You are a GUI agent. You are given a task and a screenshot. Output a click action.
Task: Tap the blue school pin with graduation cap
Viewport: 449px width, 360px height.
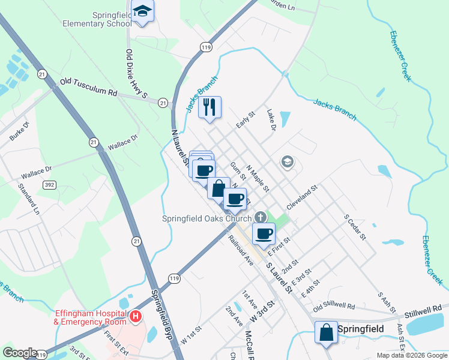[143, 11]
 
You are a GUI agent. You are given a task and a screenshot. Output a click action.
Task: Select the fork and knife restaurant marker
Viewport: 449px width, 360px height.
[209, 107]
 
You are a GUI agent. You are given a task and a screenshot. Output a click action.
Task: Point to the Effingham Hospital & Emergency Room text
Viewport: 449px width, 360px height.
[90, 317]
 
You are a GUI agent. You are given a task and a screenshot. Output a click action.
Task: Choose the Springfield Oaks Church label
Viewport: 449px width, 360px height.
[206, 218]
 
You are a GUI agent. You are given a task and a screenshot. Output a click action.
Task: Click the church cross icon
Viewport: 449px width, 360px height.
[260, 217]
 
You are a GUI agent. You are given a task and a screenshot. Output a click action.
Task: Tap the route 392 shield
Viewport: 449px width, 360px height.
[49, 185]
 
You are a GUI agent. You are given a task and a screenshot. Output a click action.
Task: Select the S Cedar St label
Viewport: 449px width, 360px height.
[354, 226]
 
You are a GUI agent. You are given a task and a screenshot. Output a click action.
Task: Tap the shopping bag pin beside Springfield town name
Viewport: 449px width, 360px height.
[325, 333]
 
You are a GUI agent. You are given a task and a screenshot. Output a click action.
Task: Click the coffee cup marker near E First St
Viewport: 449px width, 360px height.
[263, 234]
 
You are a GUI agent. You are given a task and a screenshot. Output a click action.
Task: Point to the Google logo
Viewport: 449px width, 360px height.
[20, 353]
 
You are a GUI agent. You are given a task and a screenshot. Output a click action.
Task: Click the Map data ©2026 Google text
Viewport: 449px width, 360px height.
[411, 355]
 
